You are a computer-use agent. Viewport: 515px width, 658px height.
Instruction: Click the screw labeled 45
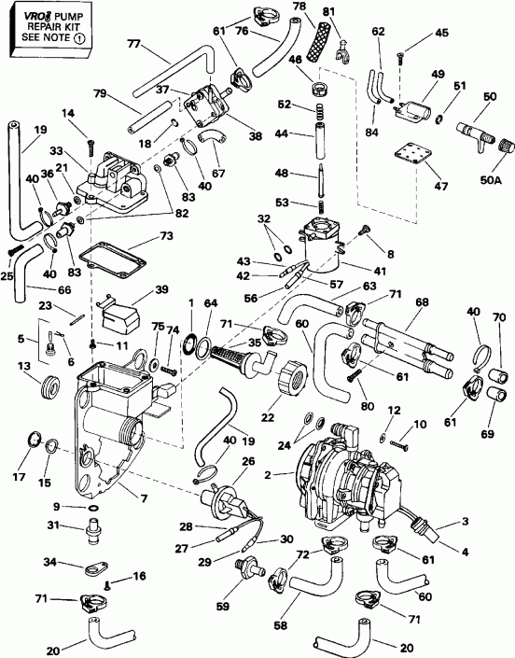[x=400, y=58]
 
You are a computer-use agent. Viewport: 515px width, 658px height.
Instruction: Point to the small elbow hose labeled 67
[x=214, y=139]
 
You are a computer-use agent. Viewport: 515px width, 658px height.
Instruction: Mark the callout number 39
[x=161, y=291]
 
